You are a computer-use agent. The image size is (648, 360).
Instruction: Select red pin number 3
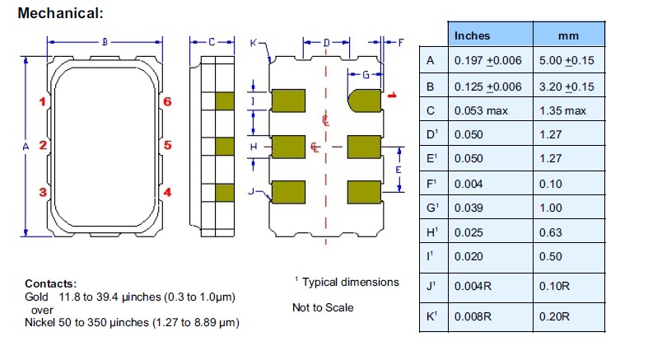click(42, 192)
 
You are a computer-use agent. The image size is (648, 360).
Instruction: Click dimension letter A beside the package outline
click(26, 146)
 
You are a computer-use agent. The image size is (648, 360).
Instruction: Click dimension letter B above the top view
click(105, 42)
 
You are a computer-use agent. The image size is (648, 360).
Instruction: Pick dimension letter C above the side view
click(212, 42)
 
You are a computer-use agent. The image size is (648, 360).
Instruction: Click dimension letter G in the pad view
click(364, 75)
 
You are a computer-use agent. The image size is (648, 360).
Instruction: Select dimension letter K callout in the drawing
click(253, 42)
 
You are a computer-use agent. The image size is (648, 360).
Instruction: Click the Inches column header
click(472, 35)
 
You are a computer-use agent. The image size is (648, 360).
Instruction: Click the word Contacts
click(50, 283)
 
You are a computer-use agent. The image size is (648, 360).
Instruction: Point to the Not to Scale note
click(323, 307)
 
